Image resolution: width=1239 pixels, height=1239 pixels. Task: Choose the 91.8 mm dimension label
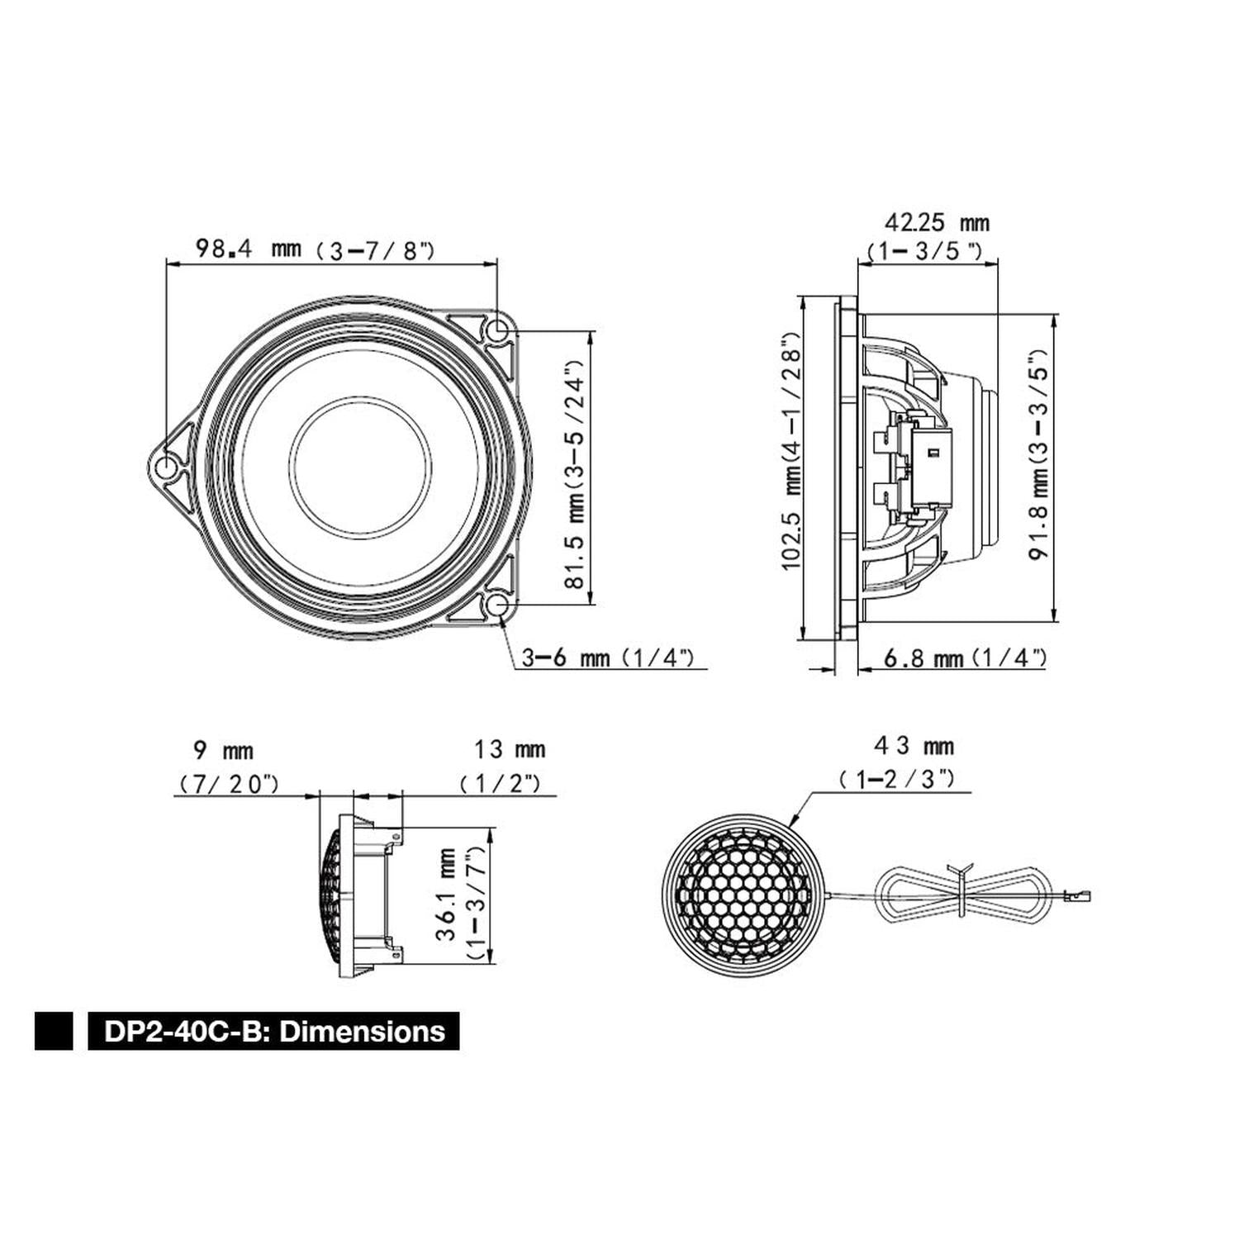click(x=1038, y=458)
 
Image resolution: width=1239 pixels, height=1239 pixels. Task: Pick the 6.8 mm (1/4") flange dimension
click(x=965, y=658)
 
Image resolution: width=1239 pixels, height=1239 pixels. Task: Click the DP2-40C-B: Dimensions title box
click(x=273, y=1032)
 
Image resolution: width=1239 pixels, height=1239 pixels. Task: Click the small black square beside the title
click(x=54, y=1032)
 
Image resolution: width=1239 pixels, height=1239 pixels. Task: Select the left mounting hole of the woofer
click(x=167, y=468)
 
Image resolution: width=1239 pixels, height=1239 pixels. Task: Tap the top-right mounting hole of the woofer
click(x=497, y=331)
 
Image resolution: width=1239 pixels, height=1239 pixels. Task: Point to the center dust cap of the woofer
click(x=361, y=467)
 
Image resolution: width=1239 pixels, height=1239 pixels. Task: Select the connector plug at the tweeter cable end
click(x=1079, y=894)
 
